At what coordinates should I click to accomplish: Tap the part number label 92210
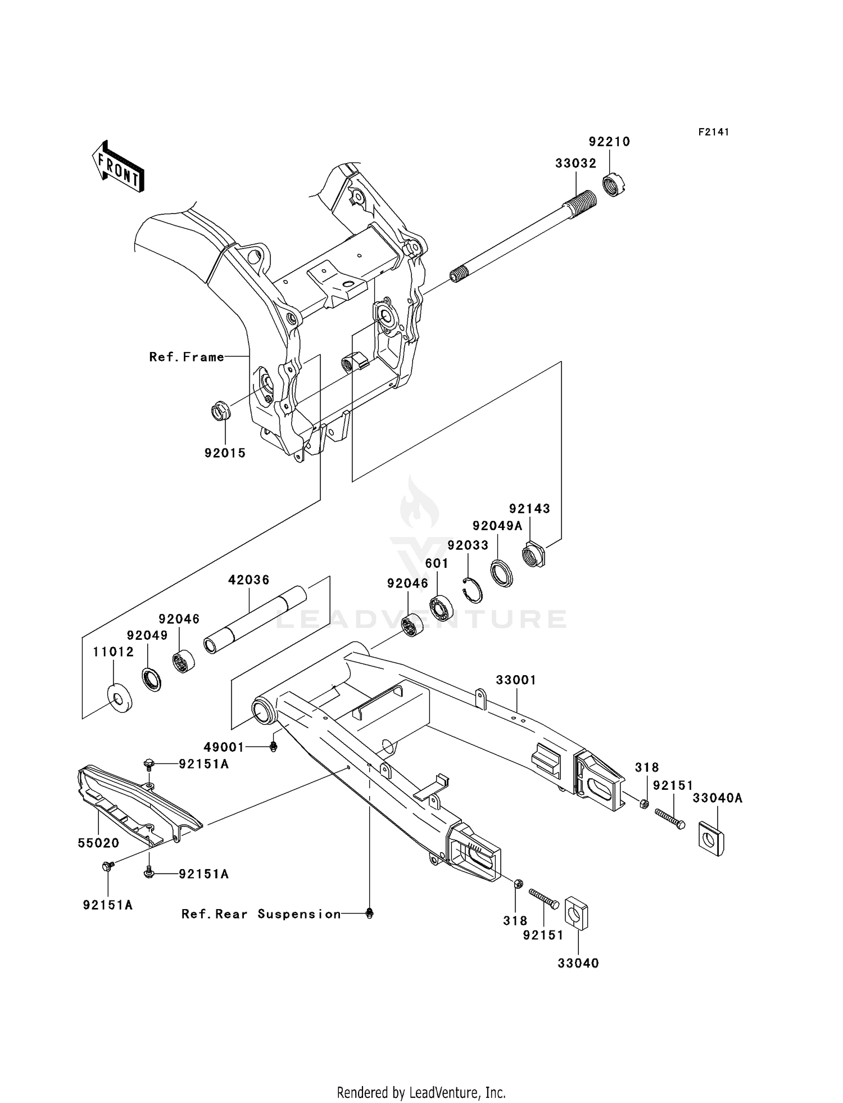609,142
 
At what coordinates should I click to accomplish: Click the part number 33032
575,164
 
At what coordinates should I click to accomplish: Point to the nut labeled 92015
219,411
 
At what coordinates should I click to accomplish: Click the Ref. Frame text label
187,356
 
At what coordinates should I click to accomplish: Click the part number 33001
515,680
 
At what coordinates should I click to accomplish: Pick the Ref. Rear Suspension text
261,914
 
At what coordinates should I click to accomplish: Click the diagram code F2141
713,132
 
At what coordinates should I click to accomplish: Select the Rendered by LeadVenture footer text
421,1092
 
